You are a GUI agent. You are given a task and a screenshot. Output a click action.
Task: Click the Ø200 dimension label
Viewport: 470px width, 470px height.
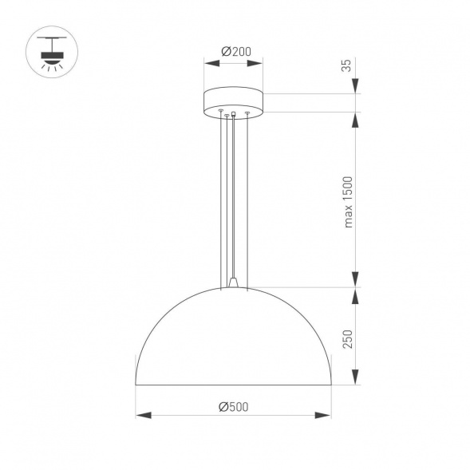[235, 51]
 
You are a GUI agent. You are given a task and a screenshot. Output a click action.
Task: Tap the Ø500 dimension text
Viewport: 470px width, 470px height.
[234, 405]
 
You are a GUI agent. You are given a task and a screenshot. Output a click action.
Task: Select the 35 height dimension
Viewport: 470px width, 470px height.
[346, 65]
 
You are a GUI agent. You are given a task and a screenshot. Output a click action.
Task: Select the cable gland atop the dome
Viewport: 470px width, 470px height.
[233, 282]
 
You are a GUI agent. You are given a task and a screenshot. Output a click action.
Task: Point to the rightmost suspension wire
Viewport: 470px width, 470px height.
[247, 199]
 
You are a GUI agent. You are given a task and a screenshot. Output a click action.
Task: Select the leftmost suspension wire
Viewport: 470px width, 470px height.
[220, 199]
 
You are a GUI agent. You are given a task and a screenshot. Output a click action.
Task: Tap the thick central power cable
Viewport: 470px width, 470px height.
[233, 199]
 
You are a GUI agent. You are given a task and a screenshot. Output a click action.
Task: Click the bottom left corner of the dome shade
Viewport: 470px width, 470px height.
[136, 385]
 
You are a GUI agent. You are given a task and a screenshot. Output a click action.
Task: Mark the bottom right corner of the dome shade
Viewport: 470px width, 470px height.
[331, 385]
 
